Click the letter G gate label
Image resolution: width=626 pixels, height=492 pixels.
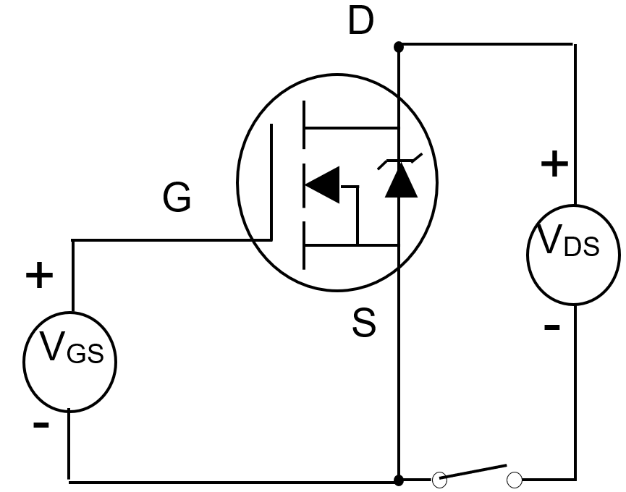(x=177, y=198)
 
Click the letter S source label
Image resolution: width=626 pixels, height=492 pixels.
(x=364, y=323)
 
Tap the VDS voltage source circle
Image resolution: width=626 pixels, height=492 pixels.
(x=573, y=254)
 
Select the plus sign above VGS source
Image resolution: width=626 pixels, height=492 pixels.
(x=40, y=276)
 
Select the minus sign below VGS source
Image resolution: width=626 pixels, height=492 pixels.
(x=41, y=425)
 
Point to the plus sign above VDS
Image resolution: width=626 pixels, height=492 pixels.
(x=554, y=165)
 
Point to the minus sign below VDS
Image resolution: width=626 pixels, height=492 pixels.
(x=551, y=328)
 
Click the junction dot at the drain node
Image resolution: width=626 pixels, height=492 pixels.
(x=398, y=47)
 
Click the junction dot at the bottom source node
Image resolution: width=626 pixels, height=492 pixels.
(x=398, y=480)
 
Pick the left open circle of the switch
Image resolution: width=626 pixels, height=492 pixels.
(x=439, y=480)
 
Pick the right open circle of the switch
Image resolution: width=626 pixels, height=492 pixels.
(x=515, y=480)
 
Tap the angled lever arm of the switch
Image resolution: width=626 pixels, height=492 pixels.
(x=474, y=472)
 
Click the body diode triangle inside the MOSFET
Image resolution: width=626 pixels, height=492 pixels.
(x=400, y=184)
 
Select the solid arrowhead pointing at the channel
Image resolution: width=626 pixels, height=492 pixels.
(x=321, y=185)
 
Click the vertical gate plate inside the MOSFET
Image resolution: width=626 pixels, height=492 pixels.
(x=271, y=181)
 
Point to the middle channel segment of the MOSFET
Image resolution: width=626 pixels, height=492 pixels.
(x=305, y=185)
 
